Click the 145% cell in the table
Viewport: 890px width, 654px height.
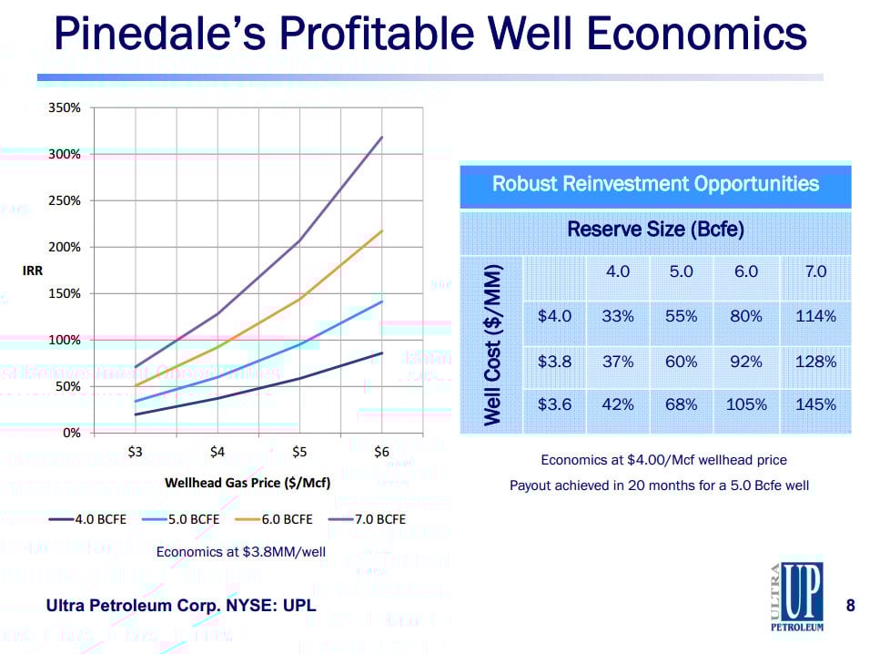pyautogui.click(x=815, y=404)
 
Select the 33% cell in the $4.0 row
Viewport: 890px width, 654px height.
pyautogui.click(x=618, y=316)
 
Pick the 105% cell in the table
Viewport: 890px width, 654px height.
pyautogui.click(x=746, y=404)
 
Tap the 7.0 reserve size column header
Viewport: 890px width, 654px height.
pyautogui.click(x=815, y=271)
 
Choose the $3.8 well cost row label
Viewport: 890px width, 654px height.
pyautogui.click(x=555, y=362)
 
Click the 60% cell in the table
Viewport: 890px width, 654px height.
pyautogui.click(x=682, y=362)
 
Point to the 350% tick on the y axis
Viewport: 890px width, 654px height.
pyautogui.click(x=65, y=107)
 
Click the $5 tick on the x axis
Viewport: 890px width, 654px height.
pyautogui.click(x=299, y=452)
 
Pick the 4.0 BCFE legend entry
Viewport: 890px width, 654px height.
pyautogui.click(x=96, y=519)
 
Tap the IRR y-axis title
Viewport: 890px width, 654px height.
pyautogui.click(x=33, y=271)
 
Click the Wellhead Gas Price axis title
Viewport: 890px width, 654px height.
pyautogui.click(x=247, y=481)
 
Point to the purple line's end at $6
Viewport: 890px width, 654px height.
pyautogui.click(x=382, y=138)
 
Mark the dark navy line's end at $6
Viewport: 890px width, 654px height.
pyautogui.click(x=382, y=353)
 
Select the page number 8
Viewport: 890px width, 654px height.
pyautogui.click(x=850, y=605)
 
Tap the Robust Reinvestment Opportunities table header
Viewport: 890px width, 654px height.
pyautogui.click(x=655, y=184)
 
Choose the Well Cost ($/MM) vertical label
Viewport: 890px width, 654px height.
pyautogui.click(x=492, y=344)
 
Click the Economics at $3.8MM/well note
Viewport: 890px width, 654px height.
pyautogui.click(x=240, y=551)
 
